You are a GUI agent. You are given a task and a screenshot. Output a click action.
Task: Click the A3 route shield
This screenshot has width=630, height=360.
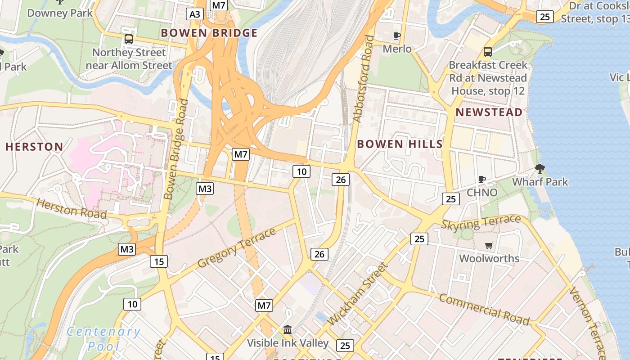point(195,14)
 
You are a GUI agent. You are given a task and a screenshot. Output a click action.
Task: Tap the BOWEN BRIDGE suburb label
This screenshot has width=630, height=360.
point(209,33)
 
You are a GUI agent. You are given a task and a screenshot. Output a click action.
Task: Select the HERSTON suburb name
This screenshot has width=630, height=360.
point(34,147)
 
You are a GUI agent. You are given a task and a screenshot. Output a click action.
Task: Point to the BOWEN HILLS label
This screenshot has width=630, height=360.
point(400,144)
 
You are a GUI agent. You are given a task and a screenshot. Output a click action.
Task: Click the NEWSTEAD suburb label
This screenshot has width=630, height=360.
point(489,112)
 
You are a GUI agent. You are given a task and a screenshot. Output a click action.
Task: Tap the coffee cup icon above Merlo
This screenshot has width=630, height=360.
point(396,36)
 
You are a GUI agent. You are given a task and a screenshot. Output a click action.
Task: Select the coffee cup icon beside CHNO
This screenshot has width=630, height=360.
point(481,179)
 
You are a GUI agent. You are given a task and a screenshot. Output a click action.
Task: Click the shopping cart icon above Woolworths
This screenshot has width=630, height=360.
point(489,245)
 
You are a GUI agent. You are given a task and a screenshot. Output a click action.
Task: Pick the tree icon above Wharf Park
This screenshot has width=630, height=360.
point(540,169)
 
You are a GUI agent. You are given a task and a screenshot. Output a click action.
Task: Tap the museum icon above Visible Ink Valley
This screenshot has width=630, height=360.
point(288,330)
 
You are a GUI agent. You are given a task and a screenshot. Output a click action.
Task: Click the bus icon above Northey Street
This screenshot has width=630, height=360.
point(129,39)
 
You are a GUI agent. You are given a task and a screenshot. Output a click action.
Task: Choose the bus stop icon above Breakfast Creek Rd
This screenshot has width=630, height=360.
point(488,52)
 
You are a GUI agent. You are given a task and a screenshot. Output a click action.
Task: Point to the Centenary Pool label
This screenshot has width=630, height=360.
point(103,339)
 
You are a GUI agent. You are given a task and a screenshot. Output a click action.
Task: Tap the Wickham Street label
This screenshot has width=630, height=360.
point(357,294)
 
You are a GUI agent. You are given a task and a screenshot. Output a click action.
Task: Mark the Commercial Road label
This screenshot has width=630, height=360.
point(484,309)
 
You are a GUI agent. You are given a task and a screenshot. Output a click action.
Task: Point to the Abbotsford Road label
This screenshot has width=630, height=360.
point(363,79)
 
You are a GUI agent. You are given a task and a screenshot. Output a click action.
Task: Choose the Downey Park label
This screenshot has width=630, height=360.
point(60,13)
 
